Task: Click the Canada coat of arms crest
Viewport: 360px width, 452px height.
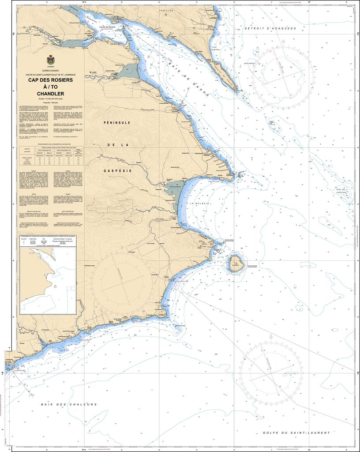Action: (50, 59)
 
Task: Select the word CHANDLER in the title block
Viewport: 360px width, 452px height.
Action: (51, 94)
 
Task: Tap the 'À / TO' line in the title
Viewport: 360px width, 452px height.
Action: (51, 87)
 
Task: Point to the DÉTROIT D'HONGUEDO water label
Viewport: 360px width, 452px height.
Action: (270, 28)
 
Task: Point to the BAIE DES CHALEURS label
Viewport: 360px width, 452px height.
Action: (68, 404)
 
